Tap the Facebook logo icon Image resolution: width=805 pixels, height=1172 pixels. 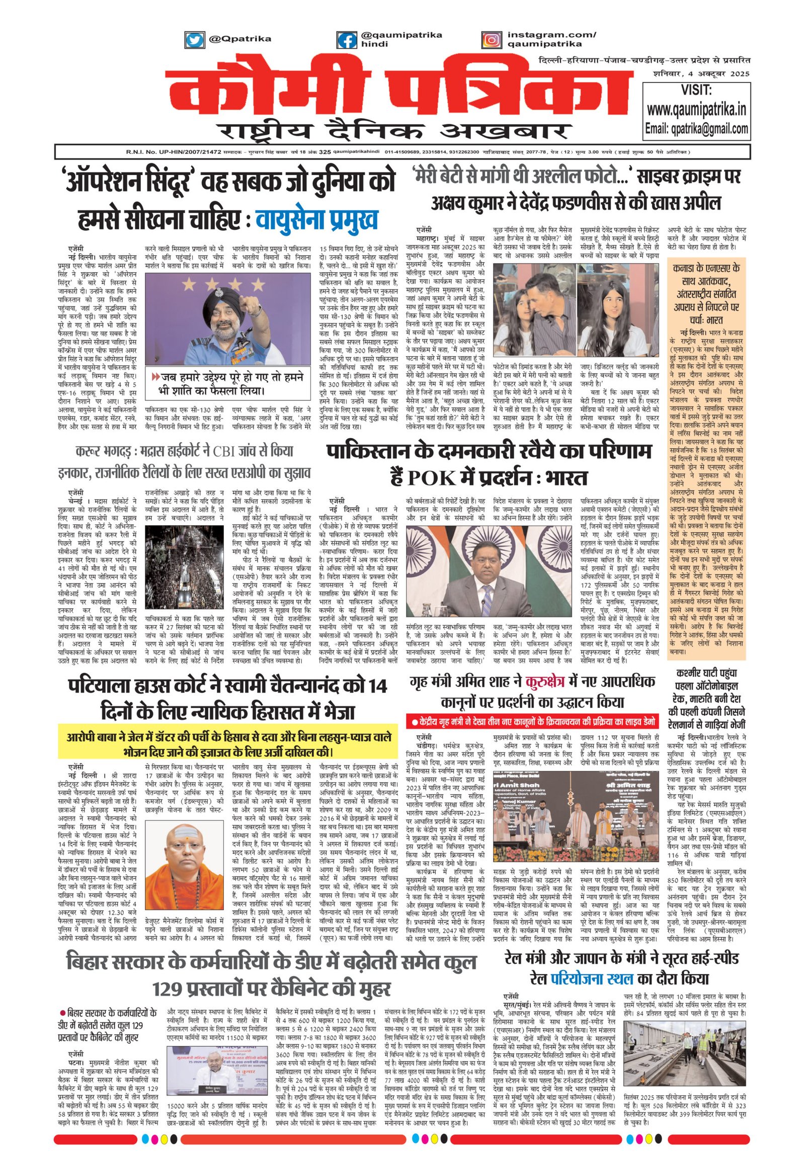(x=346, y=39)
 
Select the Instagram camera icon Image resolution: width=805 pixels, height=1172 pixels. (x=490, y=39)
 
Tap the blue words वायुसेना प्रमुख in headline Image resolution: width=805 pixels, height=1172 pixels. (x=317, y=220)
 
